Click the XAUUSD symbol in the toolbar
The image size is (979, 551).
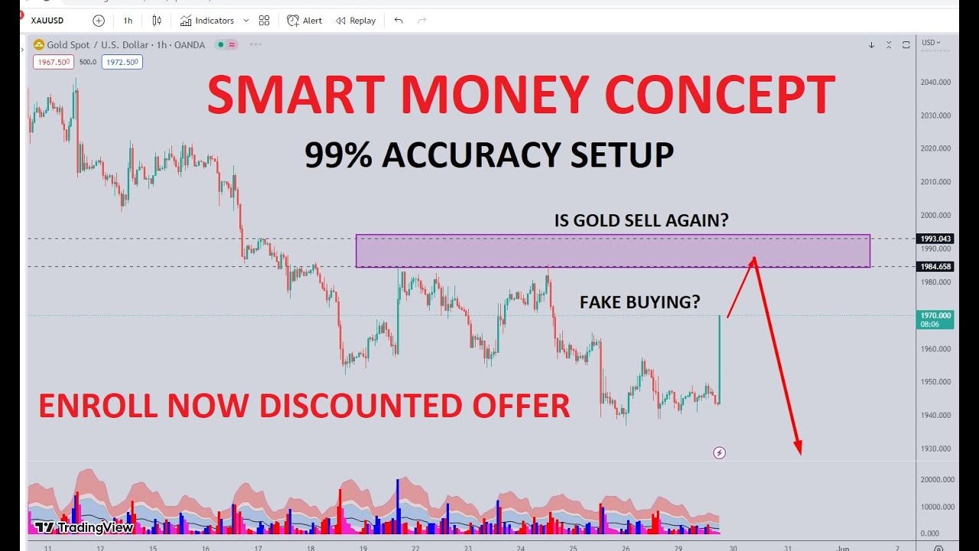coord(47,21)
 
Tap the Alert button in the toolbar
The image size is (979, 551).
coord(304,21)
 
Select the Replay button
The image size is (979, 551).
coord(356,21)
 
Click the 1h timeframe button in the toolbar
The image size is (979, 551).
coord(128,21)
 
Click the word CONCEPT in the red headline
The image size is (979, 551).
coord(719,96)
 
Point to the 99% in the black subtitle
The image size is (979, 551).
coord(338,155)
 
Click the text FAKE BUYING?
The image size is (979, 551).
coord(639,302)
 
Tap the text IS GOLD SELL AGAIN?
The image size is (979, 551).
coord(641,220)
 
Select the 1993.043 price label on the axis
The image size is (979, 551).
coord(935,239)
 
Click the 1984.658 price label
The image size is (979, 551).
coord(935,266)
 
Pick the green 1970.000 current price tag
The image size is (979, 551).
coord(935,318)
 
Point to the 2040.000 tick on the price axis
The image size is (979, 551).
coord(936,82)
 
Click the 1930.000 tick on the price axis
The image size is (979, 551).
coord(936,448)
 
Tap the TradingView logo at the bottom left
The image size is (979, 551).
coord(85,527)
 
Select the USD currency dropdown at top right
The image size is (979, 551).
coord(931,43)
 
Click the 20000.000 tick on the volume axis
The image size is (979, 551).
coord(936,480)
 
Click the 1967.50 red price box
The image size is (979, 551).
coord(52,62)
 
